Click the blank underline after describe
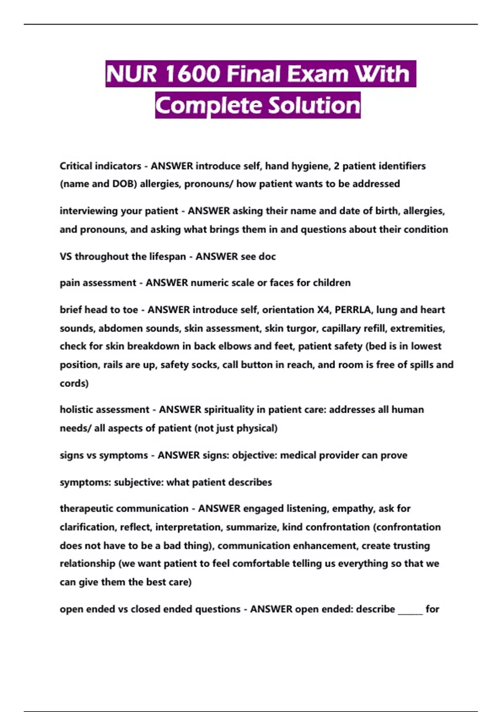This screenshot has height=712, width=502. [410, 610]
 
